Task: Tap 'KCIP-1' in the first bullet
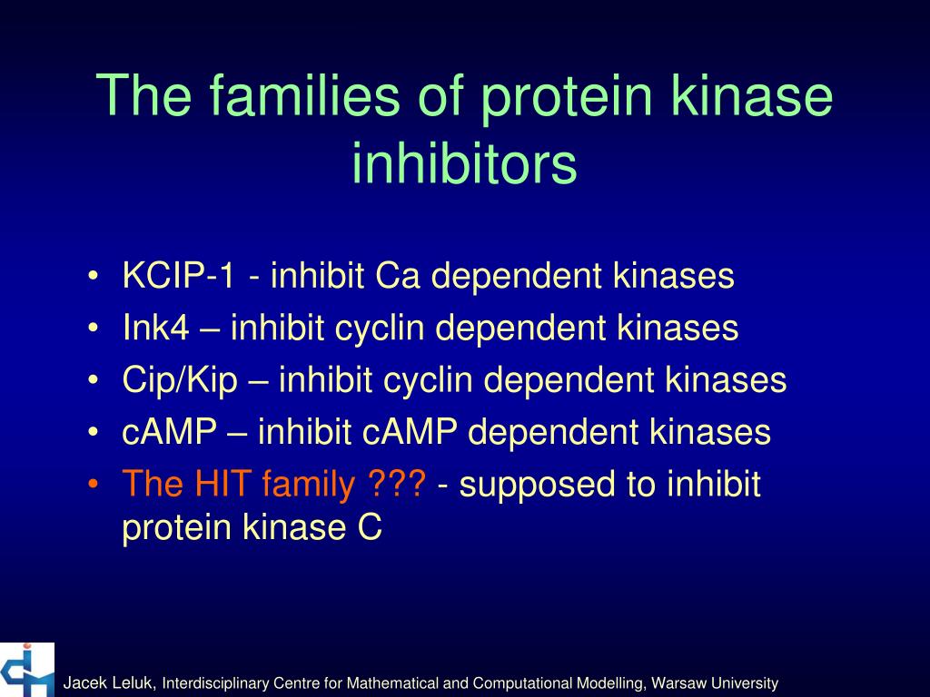click(x=179, y=276)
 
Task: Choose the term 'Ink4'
click(x=156, y=329)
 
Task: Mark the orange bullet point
click(x=94, y=486)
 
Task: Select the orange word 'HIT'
click(x=223, y=486)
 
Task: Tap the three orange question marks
click(x=397, y=486)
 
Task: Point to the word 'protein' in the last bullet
click(x=177, y=528)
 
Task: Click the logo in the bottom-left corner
click(x=27, y=670)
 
